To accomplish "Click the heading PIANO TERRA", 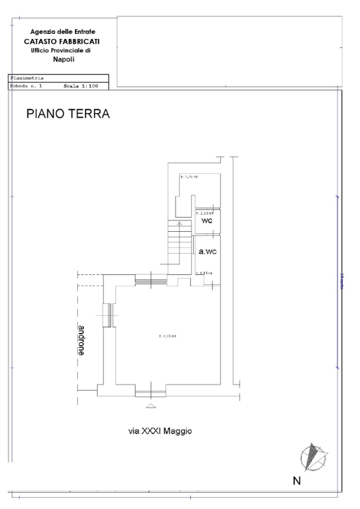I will click(x=68, y=114).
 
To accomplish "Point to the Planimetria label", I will click(x=27, y=78).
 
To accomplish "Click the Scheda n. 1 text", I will click(x=28, y=85).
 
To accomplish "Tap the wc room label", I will click(x=207, y=221).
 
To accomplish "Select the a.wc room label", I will click(x=207, y=251).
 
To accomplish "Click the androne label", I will click(x=82, y=339).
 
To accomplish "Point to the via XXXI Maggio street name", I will click(x=161, y=430).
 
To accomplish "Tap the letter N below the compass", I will click(x=297, y=481).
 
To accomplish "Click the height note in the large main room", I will click(x=168, y=336).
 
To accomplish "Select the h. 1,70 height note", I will click(x=188, y=176).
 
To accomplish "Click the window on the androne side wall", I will click(x=108, y=315).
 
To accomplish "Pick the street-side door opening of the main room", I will click(x=149, y=390).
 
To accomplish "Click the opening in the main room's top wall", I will click(x=149, y=281).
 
